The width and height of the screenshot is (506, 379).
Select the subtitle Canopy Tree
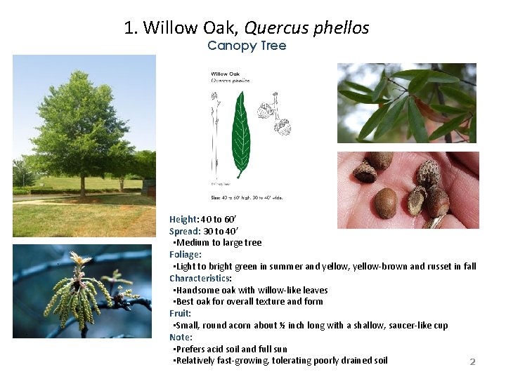click(247, 46)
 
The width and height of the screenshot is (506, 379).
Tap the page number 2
click(472, 362)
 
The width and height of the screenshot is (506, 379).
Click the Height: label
click(184, 219)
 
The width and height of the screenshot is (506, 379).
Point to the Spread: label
click(185, 231)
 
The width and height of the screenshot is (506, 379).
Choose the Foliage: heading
click(186, 254)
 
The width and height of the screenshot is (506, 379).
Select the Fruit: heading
click(180, 313)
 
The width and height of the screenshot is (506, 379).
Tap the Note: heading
click(181, 337)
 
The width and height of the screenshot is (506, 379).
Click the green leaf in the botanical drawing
click(242, 133)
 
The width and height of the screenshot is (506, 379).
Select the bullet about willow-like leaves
click(252, 290)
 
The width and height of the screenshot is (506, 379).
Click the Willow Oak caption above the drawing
click(225, 73)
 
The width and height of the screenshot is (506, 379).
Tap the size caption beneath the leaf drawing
click(247, 199)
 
